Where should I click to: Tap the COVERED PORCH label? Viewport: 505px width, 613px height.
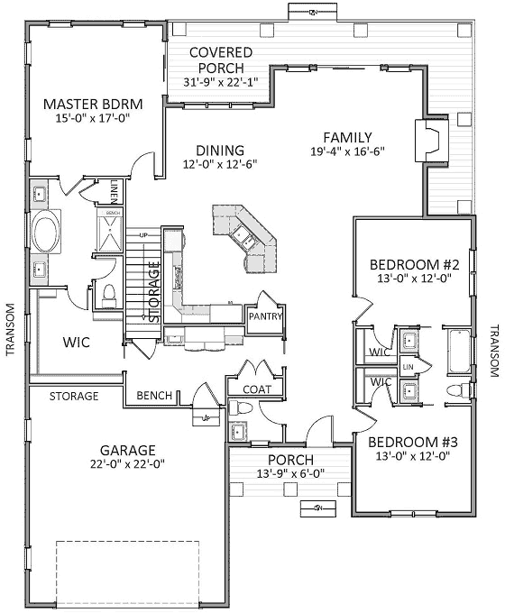(221, 53)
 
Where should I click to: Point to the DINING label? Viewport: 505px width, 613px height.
(221, 150)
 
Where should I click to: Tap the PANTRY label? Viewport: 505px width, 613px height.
(267, 316)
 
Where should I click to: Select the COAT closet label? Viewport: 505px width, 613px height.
(257, 389)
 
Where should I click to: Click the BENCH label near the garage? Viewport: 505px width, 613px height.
(153, 396)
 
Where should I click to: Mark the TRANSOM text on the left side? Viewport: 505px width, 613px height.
(10, 329)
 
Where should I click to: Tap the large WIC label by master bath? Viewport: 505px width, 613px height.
(75, 343)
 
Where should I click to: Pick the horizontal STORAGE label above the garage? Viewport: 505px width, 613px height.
(74, 396)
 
